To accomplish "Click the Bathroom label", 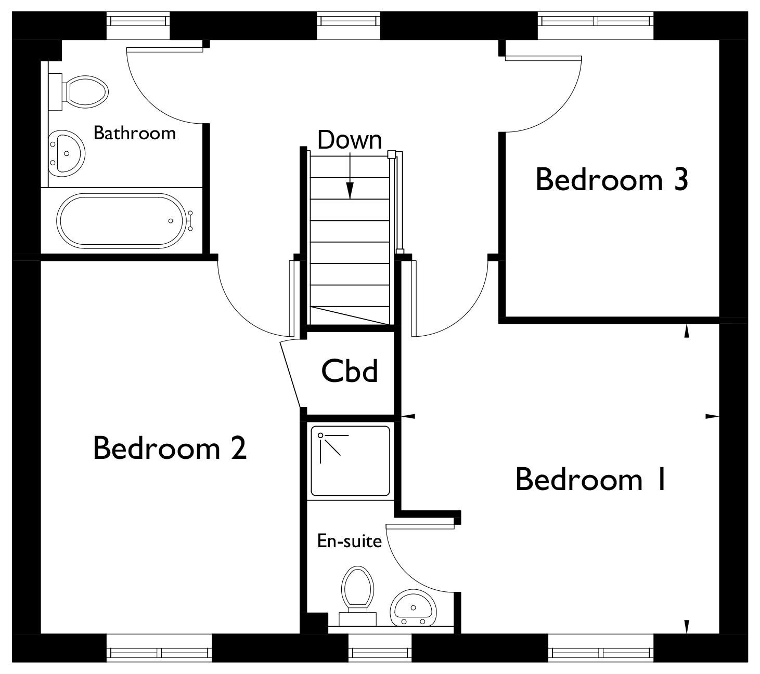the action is click(x=135, y=133).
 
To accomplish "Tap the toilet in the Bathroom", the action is click(x=79, y=92).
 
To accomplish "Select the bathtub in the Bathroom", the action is click(x=122, y=221).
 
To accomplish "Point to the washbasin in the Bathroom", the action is click(x=67, y=153).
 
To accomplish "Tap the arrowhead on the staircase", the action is click(x=350, y=190).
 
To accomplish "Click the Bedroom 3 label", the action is click(x=612, y=180).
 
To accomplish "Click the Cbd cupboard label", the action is click(x=350, y=371).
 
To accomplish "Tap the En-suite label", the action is click(x=350, y=541).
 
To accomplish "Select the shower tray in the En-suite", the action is click(x=351, y=461).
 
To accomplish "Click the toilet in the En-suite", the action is click(x=357, y=596).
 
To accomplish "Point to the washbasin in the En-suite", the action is click(x=414, y=608).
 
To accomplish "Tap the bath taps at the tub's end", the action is click(x=190, y=221).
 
